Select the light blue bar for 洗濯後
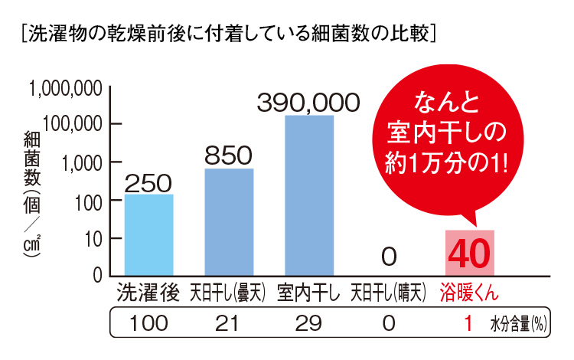click(x=148, y=234)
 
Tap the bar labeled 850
click(x=229, y=221)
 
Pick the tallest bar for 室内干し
click(x=308, y=195)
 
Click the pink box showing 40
click(x=470, y=253)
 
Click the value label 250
click(x=148, y=182)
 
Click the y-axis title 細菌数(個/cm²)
click(x=31, y=199)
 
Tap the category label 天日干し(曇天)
click(x=227, y=293)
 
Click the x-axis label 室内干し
click(x=308, y=293)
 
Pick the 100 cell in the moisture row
click(x=148, y=323)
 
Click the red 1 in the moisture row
click(x=468, y=323)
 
